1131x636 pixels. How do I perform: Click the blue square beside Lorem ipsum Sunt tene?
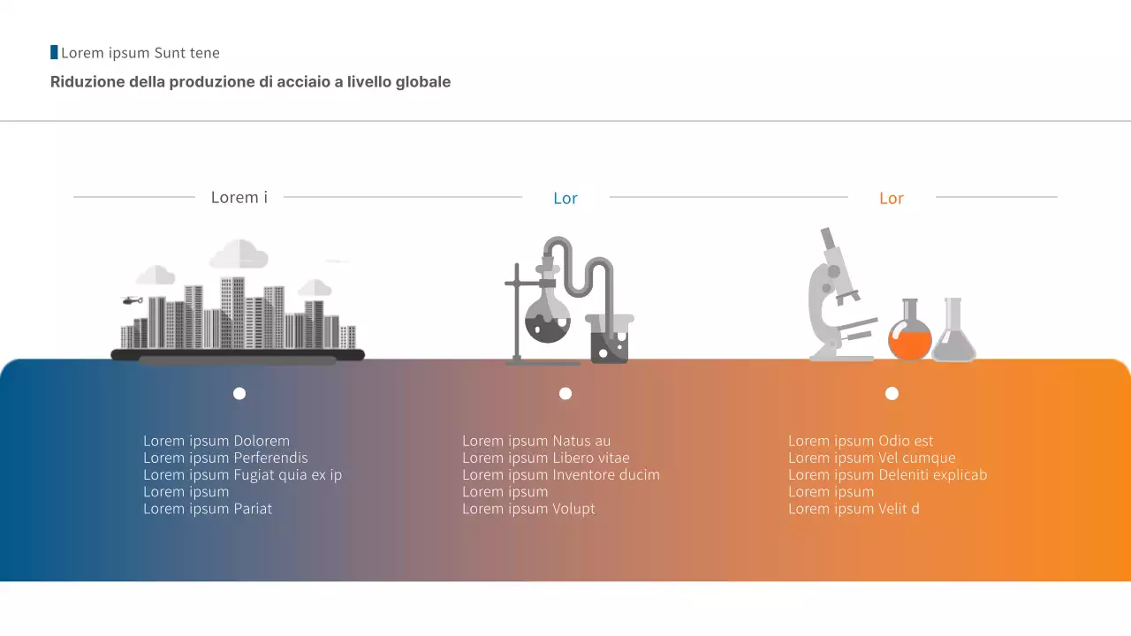coord(54,53)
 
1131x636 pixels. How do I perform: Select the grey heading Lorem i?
coord(239,197)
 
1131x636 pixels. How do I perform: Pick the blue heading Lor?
coord(565,198)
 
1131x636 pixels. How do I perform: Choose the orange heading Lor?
coord(892,198)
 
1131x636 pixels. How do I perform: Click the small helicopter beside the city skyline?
coord(133,300)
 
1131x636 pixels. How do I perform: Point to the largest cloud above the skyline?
coord(239,254)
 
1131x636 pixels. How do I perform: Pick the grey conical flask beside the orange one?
coord(953,333)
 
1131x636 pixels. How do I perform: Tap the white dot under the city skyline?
coord(239,394)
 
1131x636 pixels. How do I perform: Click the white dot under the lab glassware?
coord(565,394)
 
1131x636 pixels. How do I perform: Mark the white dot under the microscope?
coord(892,394)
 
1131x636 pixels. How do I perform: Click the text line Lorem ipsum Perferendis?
coord(225,458)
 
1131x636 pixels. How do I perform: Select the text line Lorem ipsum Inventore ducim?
coord(561,474)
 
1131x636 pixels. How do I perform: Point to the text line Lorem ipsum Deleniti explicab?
coord(887,474)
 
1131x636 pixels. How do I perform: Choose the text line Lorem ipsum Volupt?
coord(528,509)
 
